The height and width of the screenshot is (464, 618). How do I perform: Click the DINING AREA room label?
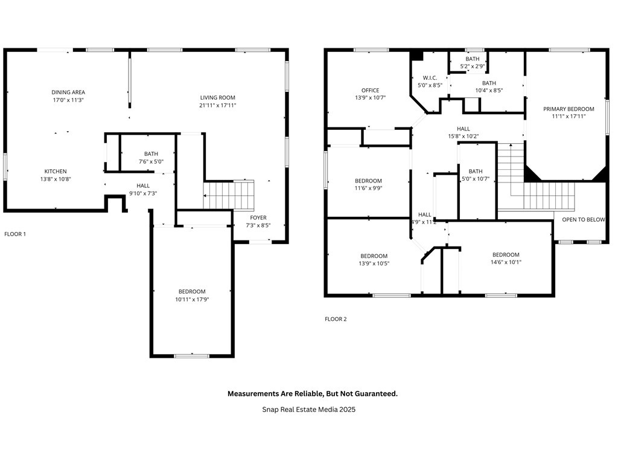pyautogui.click(x=68, y=92)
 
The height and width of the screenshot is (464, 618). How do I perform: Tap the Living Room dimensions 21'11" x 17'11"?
pyautogui.click(x=218, y=105)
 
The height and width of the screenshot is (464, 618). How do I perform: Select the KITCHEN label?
pyautogui.click(x=56, y=171)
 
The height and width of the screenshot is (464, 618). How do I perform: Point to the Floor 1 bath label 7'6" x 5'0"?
pyautogui.click(x=150, y=161)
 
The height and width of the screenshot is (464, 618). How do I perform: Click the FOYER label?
pyautogui.click(x=258, y=217)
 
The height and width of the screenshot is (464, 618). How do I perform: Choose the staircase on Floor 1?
pyautogui.click(x=228, y=195)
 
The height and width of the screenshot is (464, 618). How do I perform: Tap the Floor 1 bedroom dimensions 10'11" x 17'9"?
pyautogui.click(x=192, y=299)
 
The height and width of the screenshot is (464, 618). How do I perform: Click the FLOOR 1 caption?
pyautogui.click(x=15, y=234)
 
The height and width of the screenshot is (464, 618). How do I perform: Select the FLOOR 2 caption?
pyautogui.click(x=336, y=319)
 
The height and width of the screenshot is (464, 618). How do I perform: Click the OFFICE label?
pyautogui.click(x=370, y=91)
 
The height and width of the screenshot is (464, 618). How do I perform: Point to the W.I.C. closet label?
pyautogui.click(x=430, y=77)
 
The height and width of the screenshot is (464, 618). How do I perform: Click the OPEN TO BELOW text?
pyautogui.click(x=583, y=219)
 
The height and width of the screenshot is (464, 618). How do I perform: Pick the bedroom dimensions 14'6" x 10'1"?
pyautogui.click(x=506, y=262)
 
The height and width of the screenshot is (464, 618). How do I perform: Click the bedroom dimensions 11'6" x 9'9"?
pyautogui.click(x=368, y=188)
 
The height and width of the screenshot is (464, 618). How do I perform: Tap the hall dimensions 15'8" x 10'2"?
pyautogui.click(x=463, y=136)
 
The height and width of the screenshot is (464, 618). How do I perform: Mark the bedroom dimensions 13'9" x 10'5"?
pyautogui.click(x=374, y=263)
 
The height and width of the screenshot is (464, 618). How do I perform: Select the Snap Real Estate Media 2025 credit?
pyautogui.click(x=308, y=409)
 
